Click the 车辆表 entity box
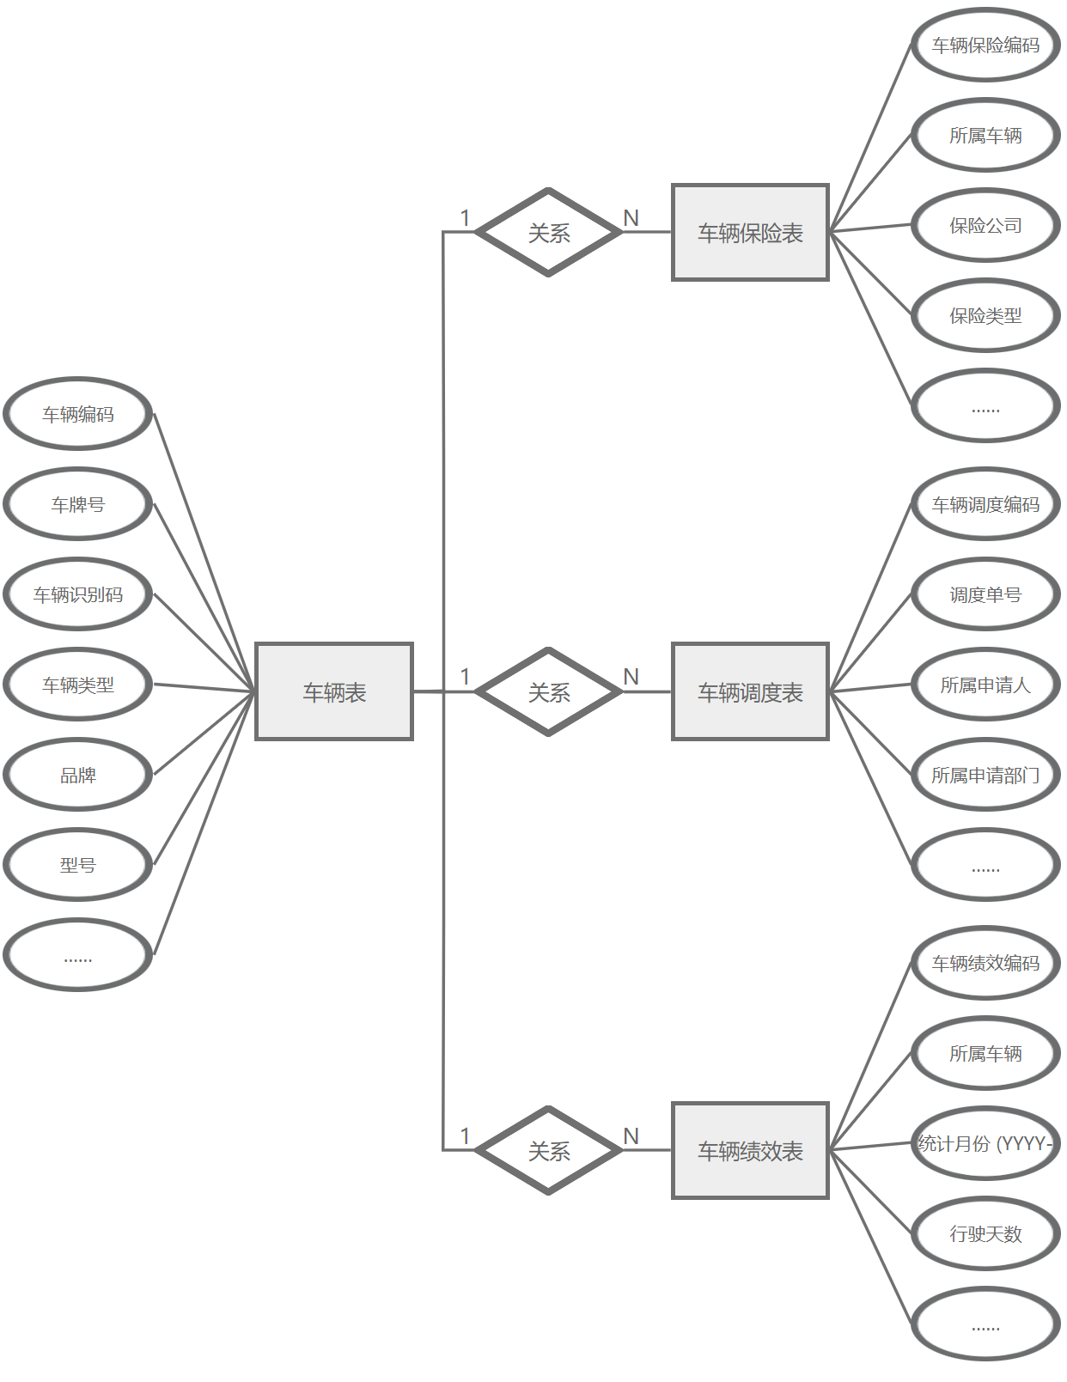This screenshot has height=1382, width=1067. (x=334, y=691)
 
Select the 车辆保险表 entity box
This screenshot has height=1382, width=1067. (x=750, y=232)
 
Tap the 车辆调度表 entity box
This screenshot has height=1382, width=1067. (x=750, y=691)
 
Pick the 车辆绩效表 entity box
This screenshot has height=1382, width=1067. (x=750, y=1150)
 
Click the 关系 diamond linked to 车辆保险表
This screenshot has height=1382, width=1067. (x=549, y=232)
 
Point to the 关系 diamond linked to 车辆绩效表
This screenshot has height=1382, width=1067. (x=549, y=1150)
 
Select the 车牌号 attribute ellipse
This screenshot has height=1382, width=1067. (x=78, y=504)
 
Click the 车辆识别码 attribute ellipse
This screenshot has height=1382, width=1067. (x=78, y=594)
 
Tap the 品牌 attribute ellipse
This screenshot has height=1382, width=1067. (x=78, y=775)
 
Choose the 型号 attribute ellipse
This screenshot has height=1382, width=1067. (x=78, y=865)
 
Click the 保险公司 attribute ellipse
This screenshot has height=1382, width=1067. (x=985, y=225)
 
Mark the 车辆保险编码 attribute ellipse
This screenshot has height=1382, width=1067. (x=985, y=45)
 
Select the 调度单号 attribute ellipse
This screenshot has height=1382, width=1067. (x=985, y=594)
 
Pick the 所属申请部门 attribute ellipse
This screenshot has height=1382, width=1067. (x=985, y=775)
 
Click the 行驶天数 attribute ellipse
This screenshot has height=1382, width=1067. (x=985, y=1233)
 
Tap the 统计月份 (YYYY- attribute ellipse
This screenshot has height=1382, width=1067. (x=985, y=1143)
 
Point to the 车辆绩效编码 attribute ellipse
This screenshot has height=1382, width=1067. (x=985, y=963)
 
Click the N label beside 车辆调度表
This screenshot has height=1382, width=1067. (x=631, y=677)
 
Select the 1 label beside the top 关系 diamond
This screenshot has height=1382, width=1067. (x=465, y=218)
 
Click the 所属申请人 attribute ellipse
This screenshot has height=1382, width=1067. (x=985, y=685)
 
